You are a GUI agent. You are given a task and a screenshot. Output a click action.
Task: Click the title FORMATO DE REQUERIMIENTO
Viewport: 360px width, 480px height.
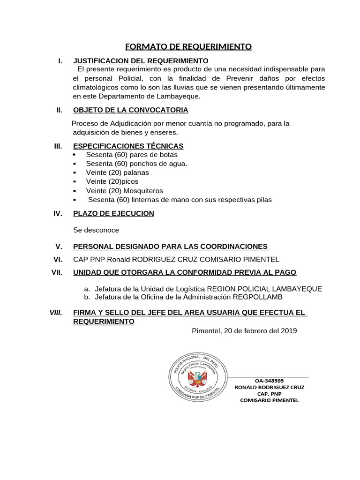pyautogui.click(x=188, y=47)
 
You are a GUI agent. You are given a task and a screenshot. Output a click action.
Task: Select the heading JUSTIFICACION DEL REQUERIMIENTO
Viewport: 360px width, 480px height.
pyautogui.click(x=141, y=61)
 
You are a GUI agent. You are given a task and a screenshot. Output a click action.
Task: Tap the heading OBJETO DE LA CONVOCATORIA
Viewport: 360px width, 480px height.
pyautogui.click(x=131, y=110)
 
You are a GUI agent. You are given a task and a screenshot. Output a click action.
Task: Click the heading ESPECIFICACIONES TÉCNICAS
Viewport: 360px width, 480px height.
pyautogui.click(x=128, y=146)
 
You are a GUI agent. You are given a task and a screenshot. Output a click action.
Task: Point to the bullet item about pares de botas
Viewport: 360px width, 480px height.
pyautogui.click(x=132, y=155)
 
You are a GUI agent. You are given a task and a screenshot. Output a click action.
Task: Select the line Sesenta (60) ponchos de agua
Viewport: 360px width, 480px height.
pyautogui.click(x=136, y=164)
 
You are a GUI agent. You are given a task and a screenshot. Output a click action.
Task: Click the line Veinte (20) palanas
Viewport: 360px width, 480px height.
pyautogui.click(x=117, y=172)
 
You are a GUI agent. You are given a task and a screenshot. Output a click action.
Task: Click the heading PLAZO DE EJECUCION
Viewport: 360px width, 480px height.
pyautogui.click(x=113, y=214)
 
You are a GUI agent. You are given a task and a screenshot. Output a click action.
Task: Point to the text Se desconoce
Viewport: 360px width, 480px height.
pyautogui.click(x=96, y=230)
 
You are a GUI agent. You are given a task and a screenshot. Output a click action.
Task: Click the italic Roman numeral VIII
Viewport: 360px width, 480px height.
pyautogui.click(x=56, y=313)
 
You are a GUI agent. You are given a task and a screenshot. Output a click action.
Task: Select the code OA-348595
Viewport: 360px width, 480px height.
pyautogui.click(x=269, y=381)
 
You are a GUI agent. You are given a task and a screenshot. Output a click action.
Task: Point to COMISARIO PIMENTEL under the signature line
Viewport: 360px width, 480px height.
pyautogui.click(x=269, y=400)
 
